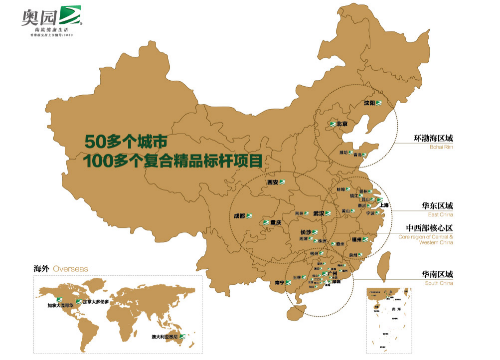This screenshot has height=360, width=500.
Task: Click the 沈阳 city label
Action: click(369, 103)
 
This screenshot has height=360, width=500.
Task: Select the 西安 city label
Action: click(273, 182)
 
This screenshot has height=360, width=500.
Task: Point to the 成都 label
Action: click(239, 216)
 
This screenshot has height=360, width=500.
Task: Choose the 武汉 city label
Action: click(319, 213)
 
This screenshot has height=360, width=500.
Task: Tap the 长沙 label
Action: click(306, 232)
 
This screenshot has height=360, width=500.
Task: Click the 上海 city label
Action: click(384, 205)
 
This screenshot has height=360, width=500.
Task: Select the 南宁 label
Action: click(280, 283)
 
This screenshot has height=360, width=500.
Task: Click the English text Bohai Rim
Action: click(441, 148)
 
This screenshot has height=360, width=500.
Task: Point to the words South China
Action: click(439, 283)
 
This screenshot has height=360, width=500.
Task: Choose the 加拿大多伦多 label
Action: click(96, 302)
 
